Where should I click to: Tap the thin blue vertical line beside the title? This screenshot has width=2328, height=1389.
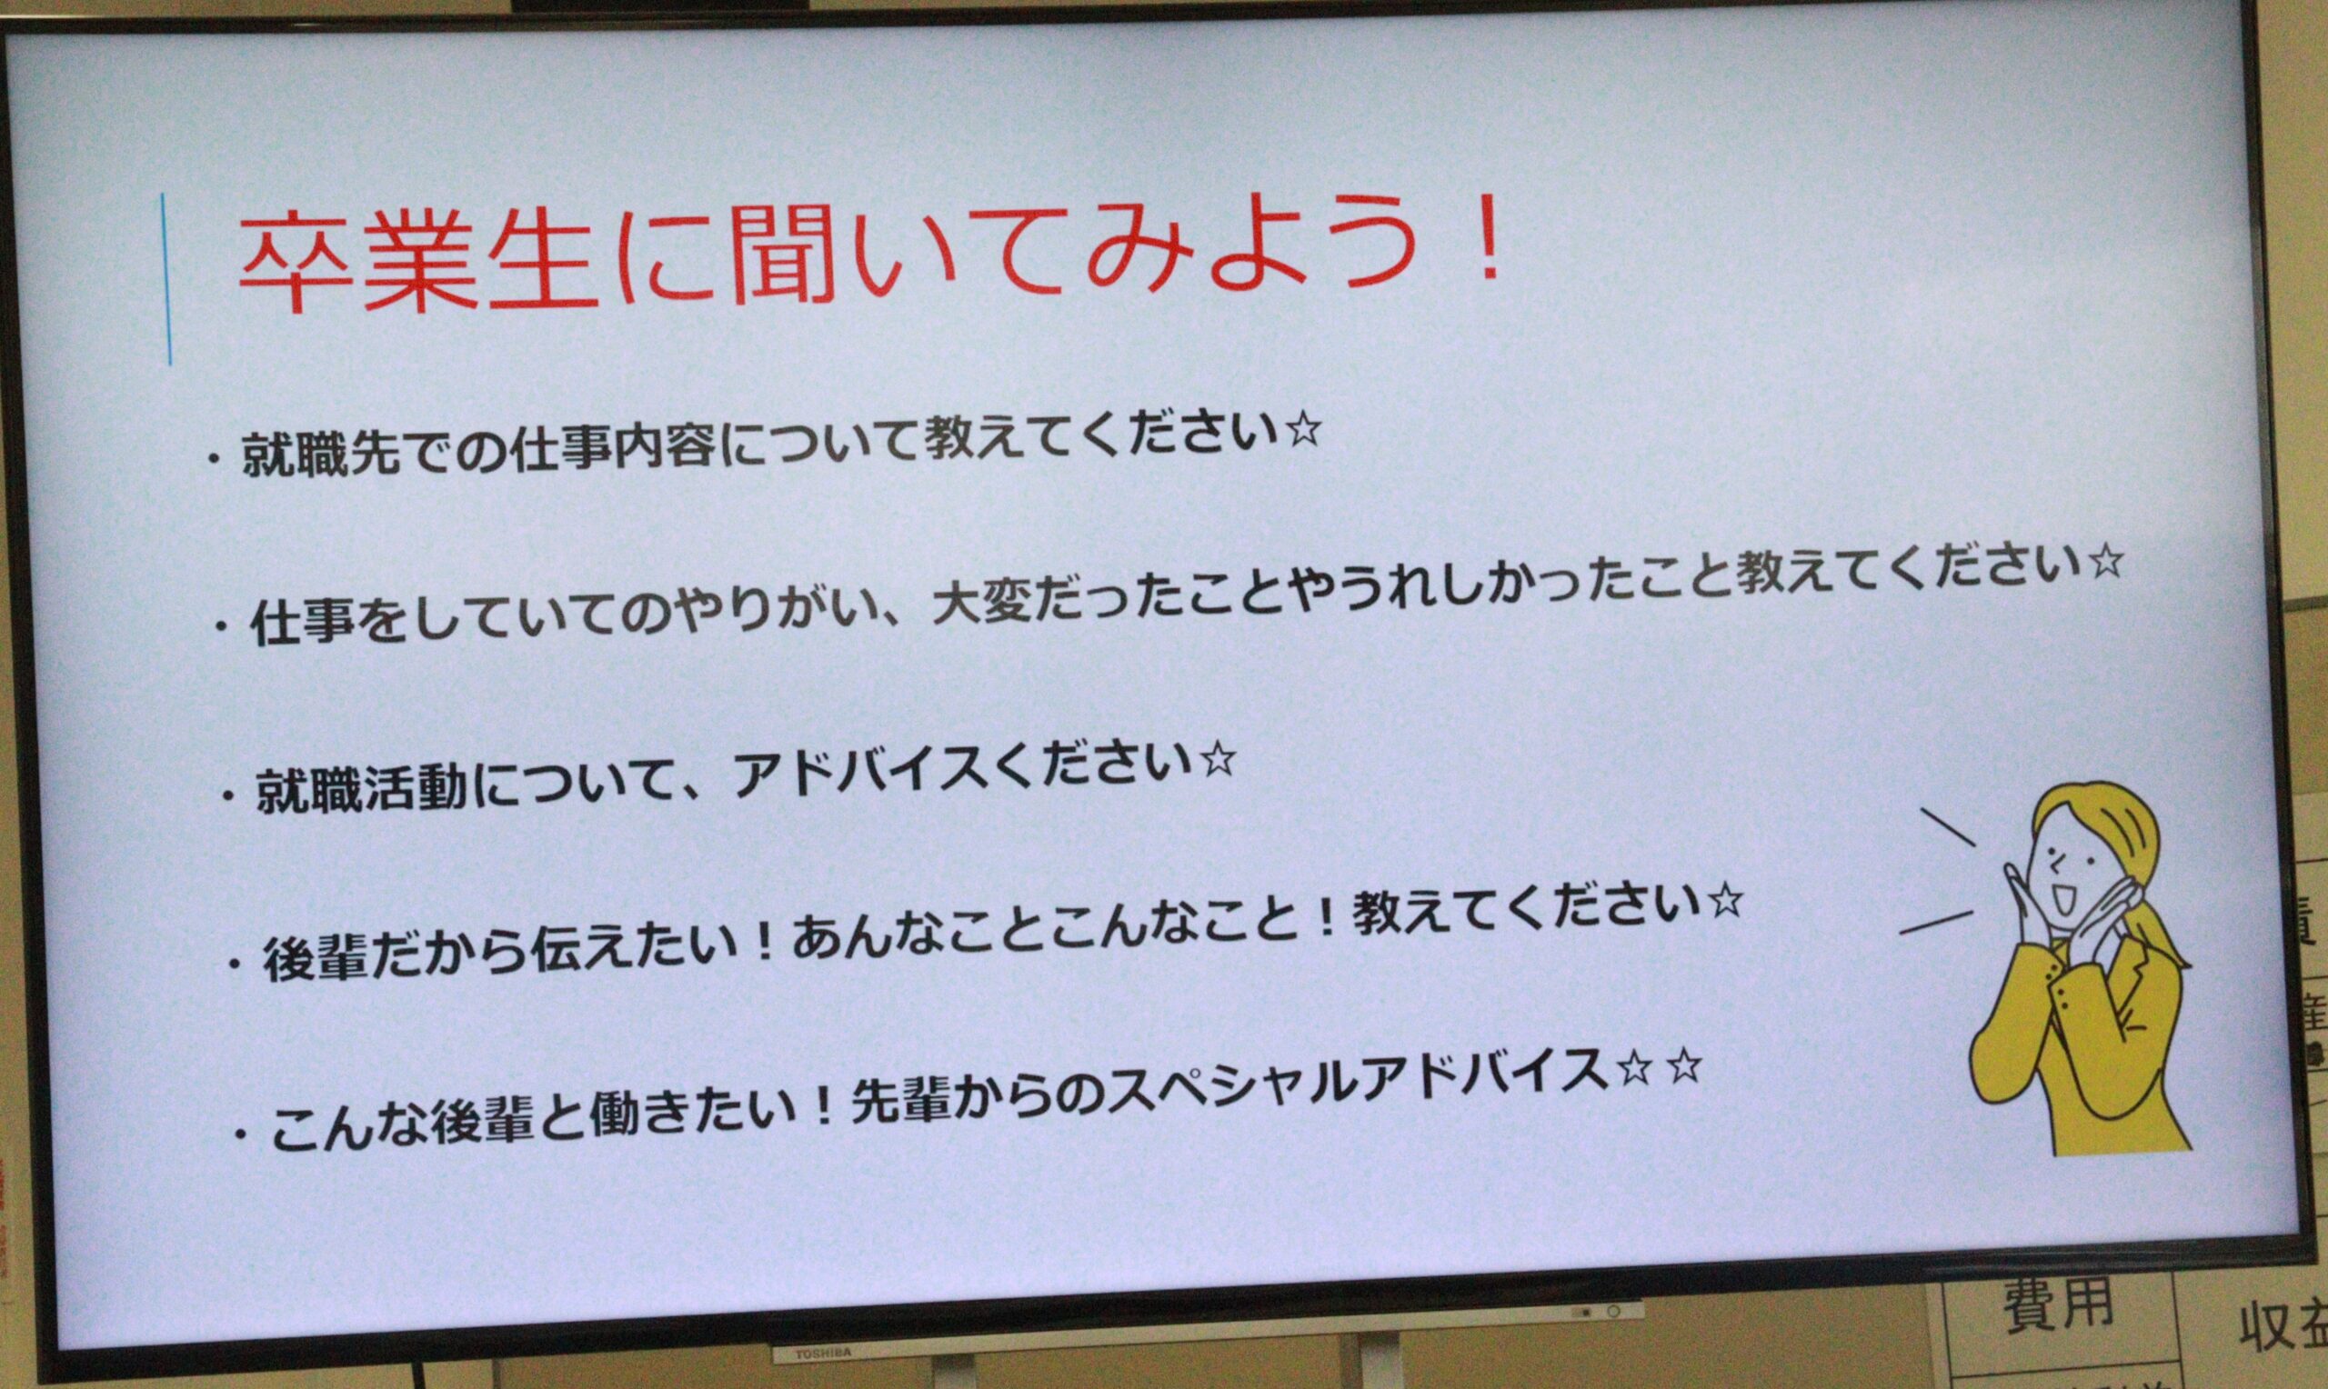(x=166, y=278)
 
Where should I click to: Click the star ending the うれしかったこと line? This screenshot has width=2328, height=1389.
(x=2104, y=562)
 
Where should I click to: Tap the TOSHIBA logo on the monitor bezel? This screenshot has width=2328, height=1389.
(x=823, y=1354)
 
